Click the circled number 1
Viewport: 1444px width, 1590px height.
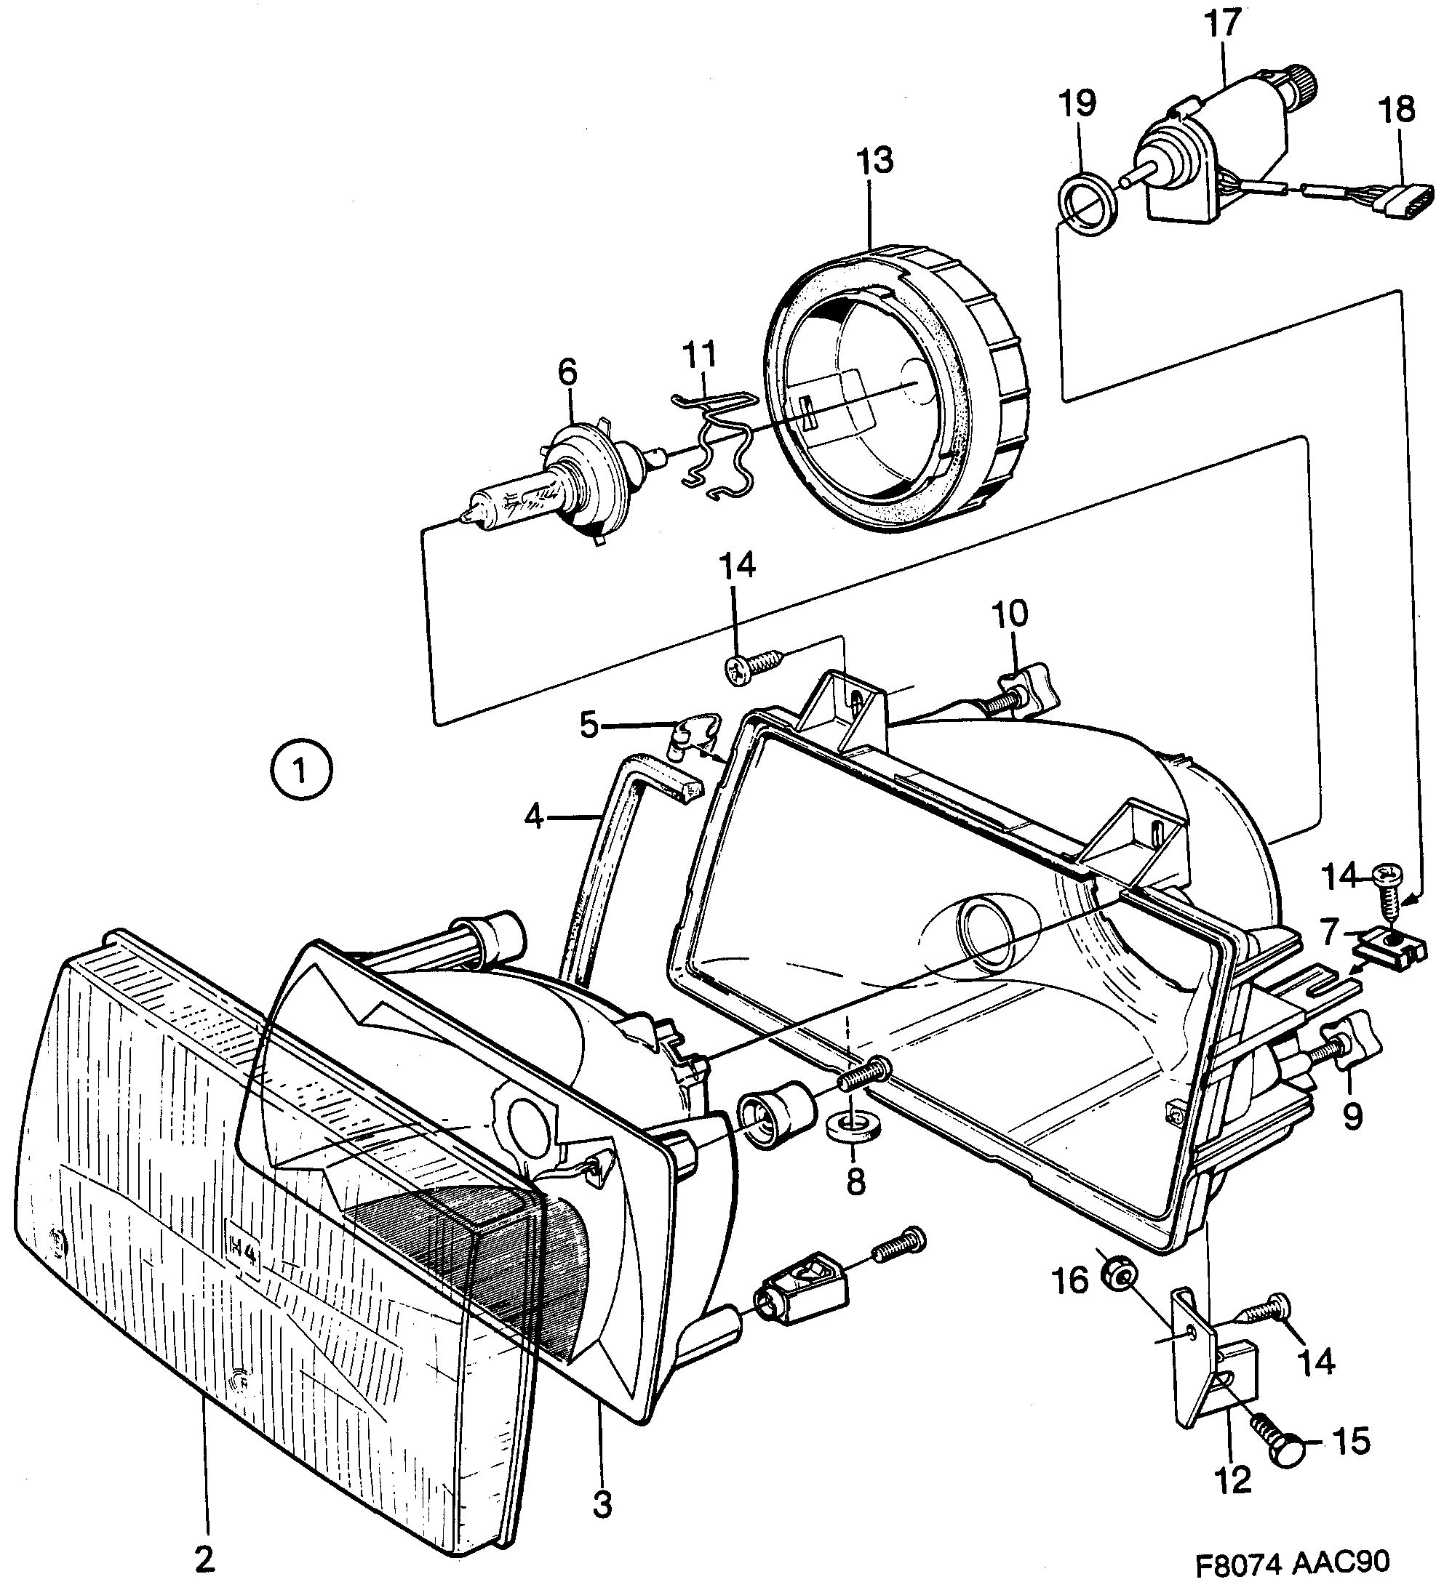[x=300, y=768]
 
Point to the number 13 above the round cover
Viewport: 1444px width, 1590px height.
[x=875, y=160]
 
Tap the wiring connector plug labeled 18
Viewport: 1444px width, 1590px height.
[x=1398, y=198]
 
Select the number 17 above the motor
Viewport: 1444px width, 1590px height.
[x=1223, y=24]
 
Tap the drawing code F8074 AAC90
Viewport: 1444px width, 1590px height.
[x=1291, y=1559]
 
